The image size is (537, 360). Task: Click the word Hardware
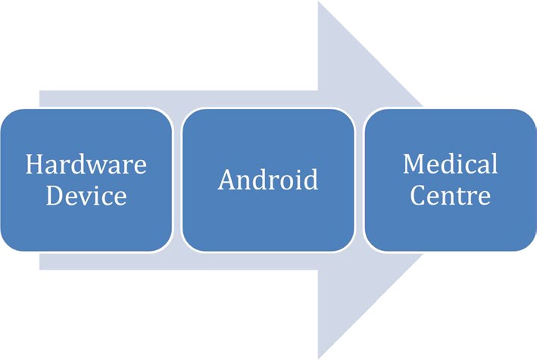86,164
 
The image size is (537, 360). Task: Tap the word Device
86,196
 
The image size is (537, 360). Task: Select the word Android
267,180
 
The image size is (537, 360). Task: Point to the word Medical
450,164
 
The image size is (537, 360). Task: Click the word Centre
450,196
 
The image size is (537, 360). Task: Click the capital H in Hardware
34,164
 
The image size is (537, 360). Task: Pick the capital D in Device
54,196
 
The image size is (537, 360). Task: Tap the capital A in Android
226,180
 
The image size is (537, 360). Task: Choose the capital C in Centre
417,196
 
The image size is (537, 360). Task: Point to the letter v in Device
86,197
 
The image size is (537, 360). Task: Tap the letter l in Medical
494,164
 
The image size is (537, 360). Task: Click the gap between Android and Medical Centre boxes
359,180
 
